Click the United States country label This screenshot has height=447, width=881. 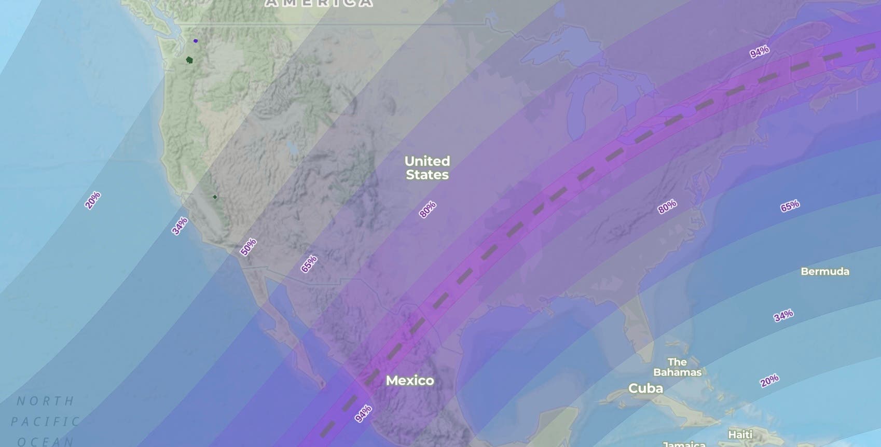tap(427, 167)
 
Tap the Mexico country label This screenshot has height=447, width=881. tap(410, 381)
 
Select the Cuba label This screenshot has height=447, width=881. tap(645, 388)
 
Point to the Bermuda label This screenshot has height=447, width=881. tap(824, 271)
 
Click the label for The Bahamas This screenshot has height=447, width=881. tap(677, 367)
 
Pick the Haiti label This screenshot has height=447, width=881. tap(740, 434)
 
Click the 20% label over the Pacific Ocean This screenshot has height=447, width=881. tap(93, 200)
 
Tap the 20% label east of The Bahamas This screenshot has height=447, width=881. tap(769, 381)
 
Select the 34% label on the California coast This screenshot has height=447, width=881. tap(180, 226)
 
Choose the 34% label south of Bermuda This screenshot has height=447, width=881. tap(783, 315)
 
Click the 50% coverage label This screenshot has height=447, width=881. tap(248, 247)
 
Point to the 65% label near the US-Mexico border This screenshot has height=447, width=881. tap(309, 264)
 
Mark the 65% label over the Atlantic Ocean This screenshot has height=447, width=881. tap(790, 206)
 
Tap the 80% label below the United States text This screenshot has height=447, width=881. tap(428, 209)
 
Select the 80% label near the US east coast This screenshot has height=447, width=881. tap(667, 207)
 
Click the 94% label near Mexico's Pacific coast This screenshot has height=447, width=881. tap(363, 414)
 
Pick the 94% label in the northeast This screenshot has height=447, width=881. tap(759, 52)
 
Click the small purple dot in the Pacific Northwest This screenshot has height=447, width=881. tap(196, 40)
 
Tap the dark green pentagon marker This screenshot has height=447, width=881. tap(189, 60)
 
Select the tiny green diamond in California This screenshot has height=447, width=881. tap(215, 197)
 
